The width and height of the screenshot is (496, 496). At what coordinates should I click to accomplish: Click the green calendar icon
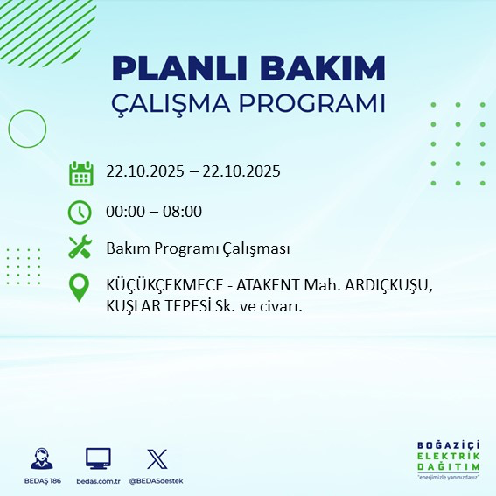click(x=80, y=172)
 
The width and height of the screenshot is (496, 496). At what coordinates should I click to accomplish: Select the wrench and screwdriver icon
click(x=80, y=248)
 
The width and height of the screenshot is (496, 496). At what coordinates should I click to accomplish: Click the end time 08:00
click(x=185, y=211)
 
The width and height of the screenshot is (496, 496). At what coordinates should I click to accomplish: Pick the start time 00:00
click(x=124, y=211)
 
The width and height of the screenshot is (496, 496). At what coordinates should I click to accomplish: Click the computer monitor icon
click(x=97, y=458)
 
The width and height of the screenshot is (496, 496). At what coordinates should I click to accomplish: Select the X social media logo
click(x=156, y=458)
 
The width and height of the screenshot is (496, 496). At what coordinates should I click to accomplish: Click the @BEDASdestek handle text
click(x=156, y=481)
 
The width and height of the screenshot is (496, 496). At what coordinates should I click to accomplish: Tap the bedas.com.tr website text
click(x=97, y=481)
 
